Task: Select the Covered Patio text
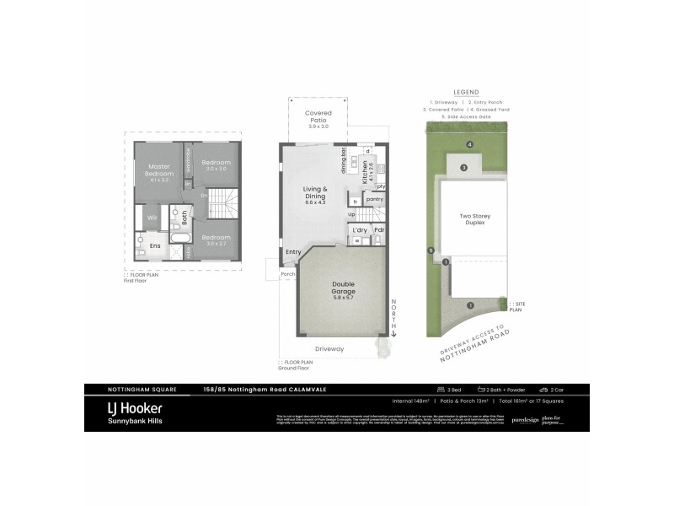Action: pos(318,116)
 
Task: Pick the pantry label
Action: pos(375,199)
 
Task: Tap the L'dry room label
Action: pos(359,229)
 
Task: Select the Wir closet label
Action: pos(152,217)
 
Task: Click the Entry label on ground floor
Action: pos(293,251)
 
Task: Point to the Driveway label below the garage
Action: pos(329,347)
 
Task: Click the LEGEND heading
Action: pos(466,92)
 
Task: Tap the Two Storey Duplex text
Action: pos(474,220)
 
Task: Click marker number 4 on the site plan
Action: pos(470,145)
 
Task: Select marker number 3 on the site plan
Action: pos(463,167)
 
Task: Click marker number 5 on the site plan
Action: pos(431,250)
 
